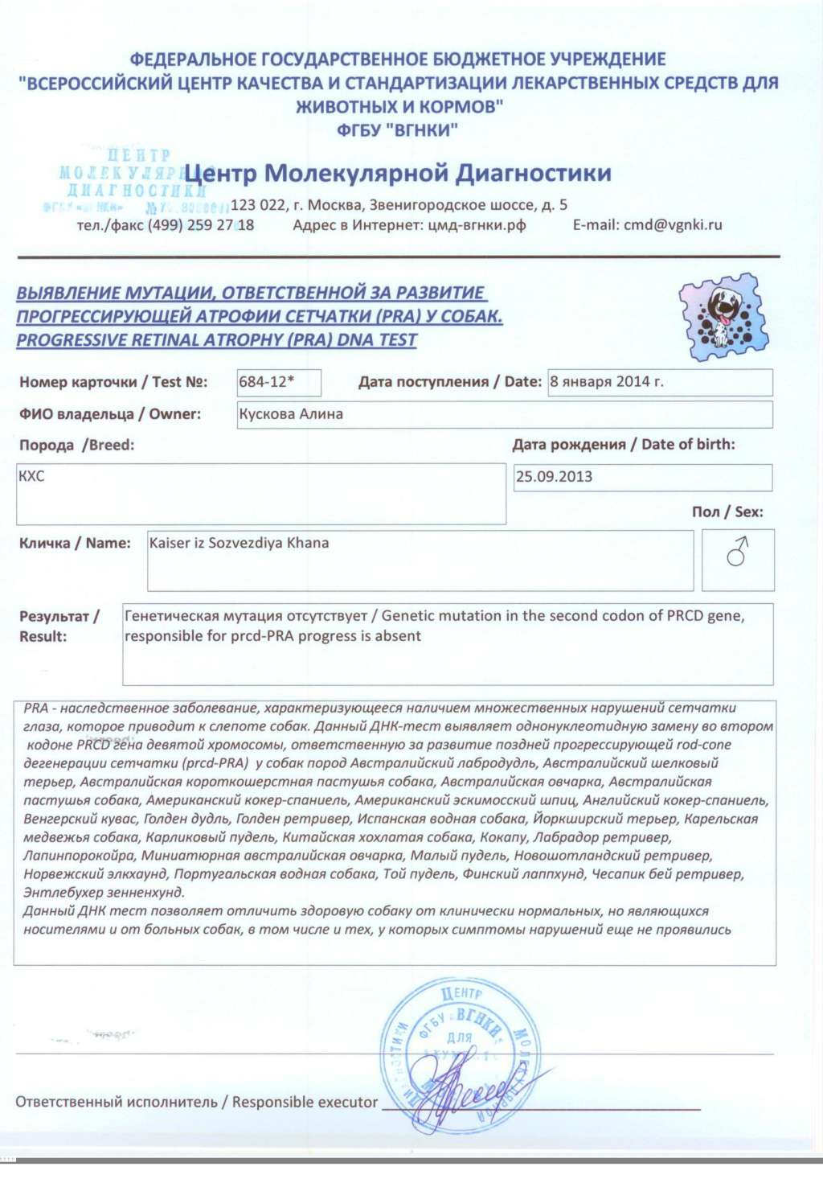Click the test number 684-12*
pos(266,382)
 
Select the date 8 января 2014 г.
pos(607,382)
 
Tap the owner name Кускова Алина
pos(291,414)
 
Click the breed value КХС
pos(31,476)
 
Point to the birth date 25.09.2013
pos(554,476)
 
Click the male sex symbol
pos(737,553)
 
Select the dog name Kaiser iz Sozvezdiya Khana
pos(239,543)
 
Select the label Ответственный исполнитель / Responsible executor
pos(196,1102)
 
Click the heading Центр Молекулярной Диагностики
pos(398,173)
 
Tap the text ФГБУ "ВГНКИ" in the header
pos(398,129)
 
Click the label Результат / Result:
pos(58,626)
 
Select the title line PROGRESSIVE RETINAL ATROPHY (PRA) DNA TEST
pos(216,339)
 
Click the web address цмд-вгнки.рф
pos(475,225)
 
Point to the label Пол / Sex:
pos(727,511)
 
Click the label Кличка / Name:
pos(75,543)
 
